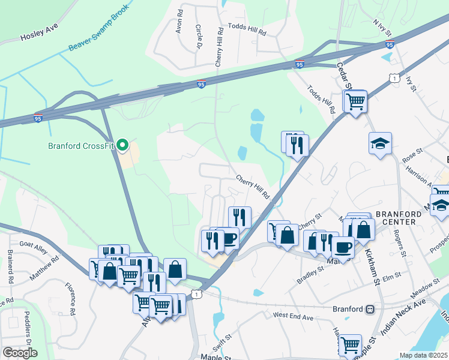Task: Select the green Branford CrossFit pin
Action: (123, 145)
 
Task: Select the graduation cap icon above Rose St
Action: (380, 143)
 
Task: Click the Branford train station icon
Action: (370, 310)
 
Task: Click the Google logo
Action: (20, 352)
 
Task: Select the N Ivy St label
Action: (382, 27)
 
